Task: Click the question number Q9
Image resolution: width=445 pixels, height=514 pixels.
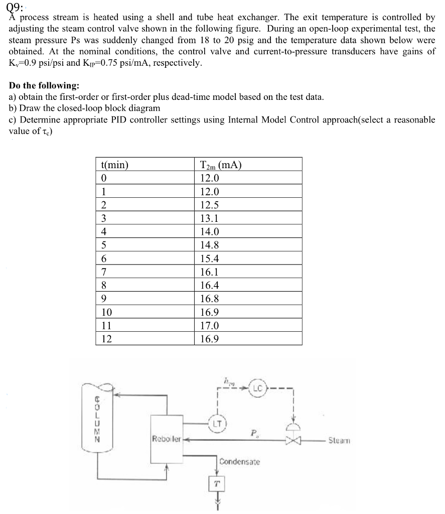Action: pyautogui.click(x=16, y=7)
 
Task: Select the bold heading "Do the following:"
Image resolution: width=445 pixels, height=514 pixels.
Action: pyautogui.click(x=44, y=86)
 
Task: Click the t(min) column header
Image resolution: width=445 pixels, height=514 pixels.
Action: pyautogui.click(x=115, y=165)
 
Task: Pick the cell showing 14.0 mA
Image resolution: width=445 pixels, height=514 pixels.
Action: pyautogui.click(x=209, y=232)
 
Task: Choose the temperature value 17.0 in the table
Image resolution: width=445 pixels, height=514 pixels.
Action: pyautogui.click(x=209, y=326)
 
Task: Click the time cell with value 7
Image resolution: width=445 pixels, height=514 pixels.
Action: pyautogui.click(x=104, y=272)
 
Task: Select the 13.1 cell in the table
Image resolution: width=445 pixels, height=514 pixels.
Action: pyautogui.click(x=209, y=218)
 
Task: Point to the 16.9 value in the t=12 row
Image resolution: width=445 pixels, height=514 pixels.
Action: pyautogui.click(x=209, y=339)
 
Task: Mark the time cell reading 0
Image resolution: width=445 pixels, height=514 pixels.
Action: pyautogui.click(x=104, y=178)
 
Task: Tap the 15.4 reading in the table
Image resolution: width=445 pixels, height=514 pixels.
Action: pyautogui.click(x=209, y=259)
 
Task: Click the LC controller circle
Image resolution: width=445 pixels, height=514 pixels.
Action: pyautogui.click(x=257, y=388)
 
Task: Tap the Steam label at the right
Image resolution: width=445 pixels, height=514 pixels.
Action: pyautogui.click(x=339, y=441)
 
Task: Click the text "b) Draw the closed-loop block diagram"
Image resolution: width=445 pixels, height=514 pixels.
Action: pyautogui.click(x=85, y=108)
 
